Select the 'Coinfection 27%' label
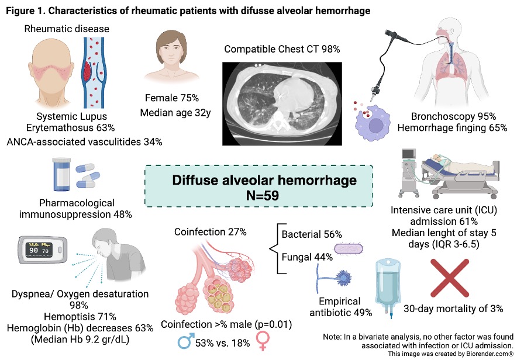click(211, 232)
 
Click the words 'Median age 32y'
click(174, 113)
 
